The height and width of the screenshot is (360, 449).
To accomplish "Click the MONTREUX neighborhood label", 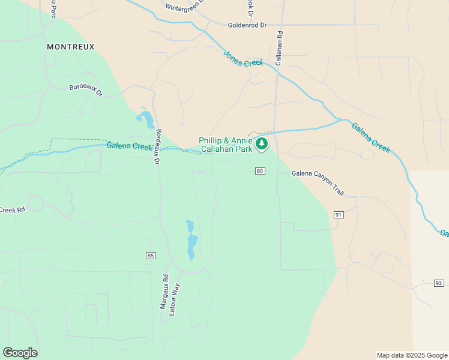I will (x=71, y=46).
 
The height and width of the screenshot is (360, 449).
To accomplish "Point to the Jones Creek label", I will (x=244, y=58).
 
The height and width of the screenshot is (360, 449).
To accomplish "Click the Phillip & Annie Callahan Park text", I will (x=226, y=145).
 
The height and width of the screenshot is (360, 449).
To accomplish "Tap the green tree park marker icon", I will (x=261, y=144).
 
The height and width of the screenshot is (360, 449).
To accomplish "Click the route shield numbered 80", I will (x=260, y=171).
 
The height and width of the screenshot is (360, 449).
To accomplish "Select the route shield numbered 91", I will (x=339, y=214).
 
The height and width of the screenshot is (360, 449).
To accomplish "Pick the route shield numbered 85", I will (x=151, y=256).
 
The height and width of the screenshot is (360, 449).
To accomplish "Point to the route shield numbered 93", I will (x=439, y=283).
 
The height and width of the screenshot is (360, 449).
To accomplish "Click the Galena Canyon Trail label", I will (x=318, y=182).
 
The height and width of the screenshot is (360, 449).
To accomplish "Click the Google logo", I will (x=20, y=353).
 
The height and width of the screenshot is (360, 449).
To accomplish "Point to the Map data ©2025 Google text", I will (x=411, y=355).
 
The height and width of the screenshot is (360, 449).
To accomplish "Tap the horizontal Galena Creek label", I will (x=129, y=146).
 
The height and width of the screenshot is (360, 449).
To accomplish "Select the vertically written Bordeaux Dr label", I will (x=158, y=146).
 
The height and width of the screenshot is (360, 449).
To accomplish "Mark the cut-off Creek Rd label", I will (x=12, y=210).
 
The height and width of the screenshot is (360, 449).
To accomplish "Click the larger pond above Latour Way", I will (x=192, y=247).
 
